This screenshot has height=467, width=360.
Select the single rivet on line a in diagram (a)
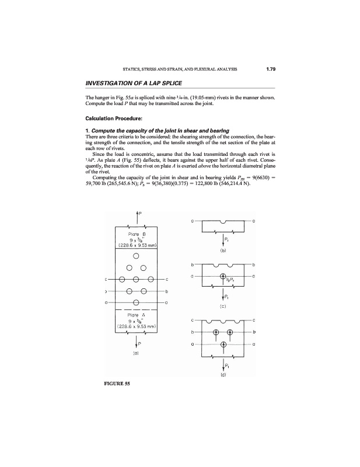click(x=135, y=302)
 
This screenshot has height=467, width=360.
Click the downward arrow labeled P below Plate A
click(x=135, y=337)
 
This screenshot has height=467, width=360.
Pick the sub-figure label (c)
click(x=222, y=305)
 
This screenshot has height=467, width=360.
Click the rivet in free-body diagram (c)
click(x=222, y=276)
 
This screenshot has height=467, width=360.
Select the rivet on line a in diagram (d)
click(x=222, y=344)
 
